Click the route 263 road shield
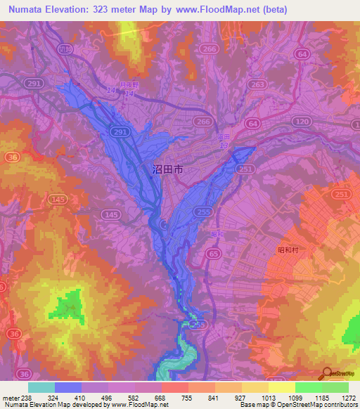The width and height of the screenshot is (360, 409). [x=257, y=84]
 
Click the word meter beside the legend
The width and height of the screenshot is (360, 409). [x=9, y=397]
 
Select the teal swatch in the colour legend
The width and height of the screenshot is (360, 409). [x=41, y=387]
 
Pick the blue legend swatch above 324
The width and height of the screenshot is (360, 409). [x=68, y=387]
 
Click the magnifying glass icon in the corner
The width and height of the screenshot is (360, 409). [x=326, y=373]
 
